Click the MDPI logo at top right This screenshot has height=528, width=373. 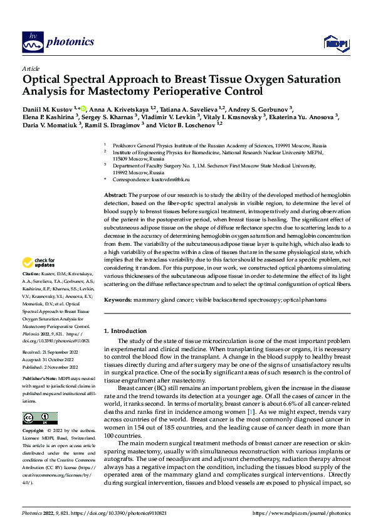[334, 43]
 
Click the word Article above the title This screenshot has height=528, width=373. [31, 68]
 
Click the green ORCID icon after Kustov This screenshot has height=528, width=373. [83, 107]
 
